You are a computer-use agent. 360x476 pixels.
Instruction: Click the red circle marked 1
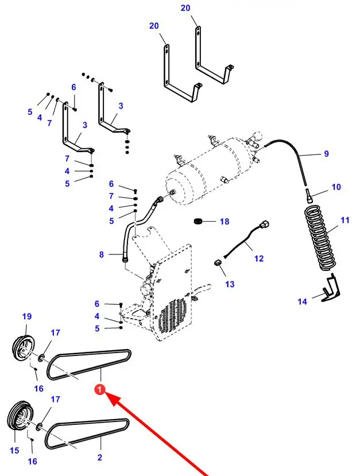[x=99, y=390]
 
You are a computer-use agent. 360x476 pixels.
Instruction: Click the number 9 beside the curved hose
[x=326, y=154]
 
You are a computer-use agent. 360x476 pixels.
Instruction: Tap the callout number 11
[x=345, y=220]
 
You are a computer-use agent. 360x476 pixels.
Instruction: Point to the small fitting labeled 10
[x=309, y=195]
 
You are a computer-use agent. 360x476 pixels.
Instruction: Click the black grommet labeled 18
[x=198, y=221]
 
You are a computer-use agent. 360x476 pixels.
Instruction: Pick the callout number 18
[x=224, y=222]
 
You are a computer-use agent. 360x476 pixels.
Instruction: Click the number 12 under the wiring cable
[x=258, y=258]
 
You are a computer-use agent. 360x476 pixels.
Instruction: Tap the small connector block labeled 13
[x=218, y=263]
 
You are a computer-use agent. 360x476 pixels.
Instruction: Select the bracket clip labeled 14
[x=331, y=288]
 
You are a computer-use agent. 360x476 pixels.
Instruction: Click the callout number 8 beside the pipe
[x=102, y=254]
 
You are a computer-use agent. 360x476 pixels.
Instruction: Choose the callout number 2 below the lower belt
[x=99, y=457]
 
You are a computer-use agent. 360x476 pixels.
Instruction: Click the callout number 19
[x=27, y=316]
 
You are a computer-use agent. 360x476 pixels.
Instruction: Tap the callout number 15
[x=14, y=451]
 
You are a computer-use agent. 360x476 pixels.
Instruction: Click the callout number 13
[x=230, y=284]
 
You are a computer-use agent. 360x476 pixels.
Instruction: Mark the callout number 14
[x=303, y=302]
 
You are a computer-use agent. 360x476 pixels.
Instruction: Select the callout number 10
[x=336, y=187]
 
